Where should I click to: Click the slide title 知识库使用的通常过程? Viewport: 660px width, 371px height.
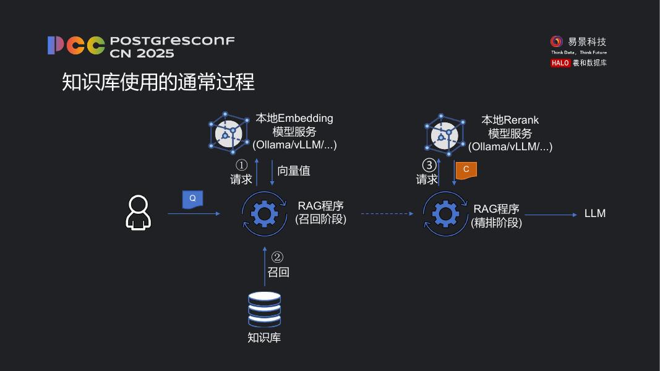click(158, 82)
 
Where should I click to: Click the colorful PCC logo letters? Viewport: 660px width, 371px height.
click(76, 46)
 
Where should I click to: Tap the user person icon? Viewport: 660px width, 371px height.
click(138, 213)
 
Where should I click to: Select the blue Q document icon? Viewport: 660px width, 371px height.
click(192, 198)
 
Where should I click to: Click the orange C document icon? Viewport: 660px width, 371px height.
click(466, 169)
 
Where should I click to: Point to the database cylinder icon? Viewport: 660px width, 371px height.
click(264, 309)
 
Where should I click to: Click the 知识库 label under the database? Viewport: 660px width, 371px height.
click(264, 338)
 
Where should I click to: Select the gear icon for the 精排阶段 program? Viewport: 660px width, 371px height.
click(445, 214)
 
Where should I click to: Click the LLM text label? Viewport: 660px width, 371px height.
click(594, 213)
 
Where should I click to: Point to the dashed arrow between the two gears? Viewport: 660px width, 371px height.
click(387, 214)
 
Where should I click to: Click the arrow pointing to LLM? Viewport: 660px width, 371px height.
click(550, 215)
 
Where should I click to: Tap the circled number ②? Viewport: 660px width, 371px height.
click(278, 257)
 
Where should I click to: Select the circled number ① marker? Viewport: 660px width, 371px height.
click(241, 165)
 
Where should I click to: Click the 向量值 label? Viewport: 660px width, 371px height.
click(294, 171)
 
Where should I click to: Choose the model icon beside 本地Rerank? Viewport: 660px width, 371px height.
click(444, 134)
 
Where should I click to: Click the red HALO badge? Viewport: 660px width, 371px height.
click(560, 63)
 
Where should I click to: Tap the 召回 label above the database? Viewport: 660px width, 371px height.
click(278, 271)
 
